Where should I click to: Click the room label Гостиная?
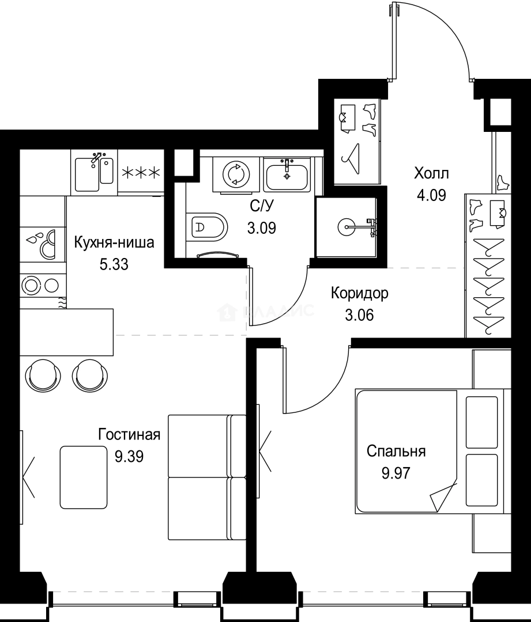pos(129,434)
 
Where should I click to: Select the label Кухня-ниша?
pos(114,242)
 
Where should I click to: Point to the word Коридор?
pos(359,293)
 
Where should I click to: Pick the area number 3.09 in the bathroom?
pos(261,227)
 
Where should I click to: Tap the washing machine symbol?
pos(236,173)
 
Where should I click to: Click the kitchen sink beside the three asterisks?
pos(94,172)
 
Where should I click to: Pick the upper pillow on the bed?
pos(481,421)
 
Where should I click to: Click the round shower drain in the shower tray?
pos(348,226)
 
